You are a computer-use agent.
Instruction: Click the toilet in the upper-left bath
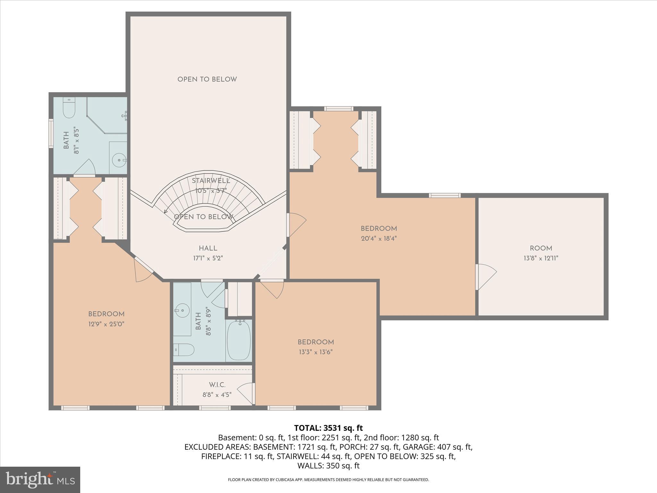69,108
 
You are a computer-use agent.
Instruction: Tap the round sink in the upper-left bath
120,160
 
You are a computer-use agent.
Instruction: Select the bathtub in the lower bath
239,340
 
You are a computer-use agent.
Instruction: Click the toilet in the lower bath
184,350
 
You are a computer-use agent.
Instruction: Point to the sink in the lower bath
181,310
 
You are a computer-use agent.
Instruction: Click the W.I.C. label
217,385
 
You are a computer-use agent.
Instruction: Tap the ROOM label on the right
541,248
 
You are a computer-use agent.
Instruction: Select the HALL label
208,248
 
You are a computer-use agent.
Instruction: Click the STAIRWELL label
211,181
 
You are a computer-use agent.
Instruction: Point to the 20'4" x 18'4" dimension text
379,238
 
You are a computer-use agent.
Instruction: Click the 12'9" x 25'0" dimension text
106,324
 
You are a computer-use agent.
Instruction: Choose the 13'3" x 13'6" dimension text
316,352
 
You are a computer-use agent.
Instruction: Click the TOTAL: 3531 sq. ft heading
328,428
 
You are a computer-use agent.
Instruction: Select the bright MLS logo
40,480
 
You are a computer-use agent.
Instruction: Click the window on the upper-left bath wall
51,133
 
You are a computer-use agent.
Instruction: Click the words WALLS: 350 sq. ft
328,465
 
